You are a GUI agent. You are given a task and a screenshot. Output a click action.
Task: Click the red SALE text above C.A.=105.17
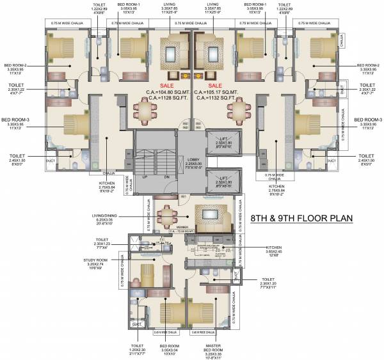(214, 84)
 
